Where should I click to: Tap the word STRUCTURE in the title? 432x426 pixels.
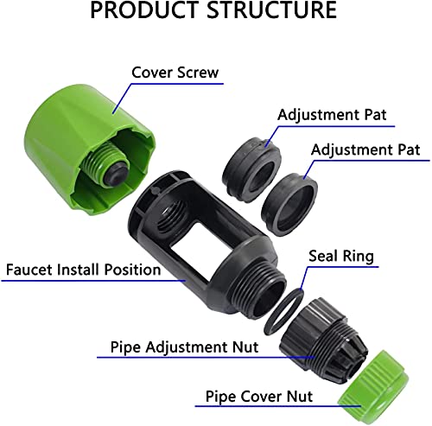point(272,10)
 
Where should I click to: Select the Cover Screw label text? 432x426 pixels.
point(175,73)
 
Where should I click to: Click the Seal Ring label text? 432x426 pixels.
point(341,256)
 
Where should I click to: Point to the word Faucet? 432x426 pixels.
point(29,270)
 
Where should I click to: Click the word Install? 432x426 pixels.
point(78,270)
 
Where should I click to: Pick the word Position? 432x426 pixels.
point(132,270)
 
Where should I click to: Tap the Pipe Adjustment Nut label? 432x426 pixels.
point(184,347)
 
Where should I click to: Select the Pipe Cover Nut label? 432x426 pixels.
point(259,397)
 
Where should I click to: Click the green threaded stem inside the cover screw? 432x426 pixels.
point(101,162)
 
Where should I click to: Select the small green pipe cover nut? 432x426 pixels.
point(374,387)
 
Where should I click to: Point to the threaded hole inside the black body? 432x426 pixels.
point(173,214)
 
